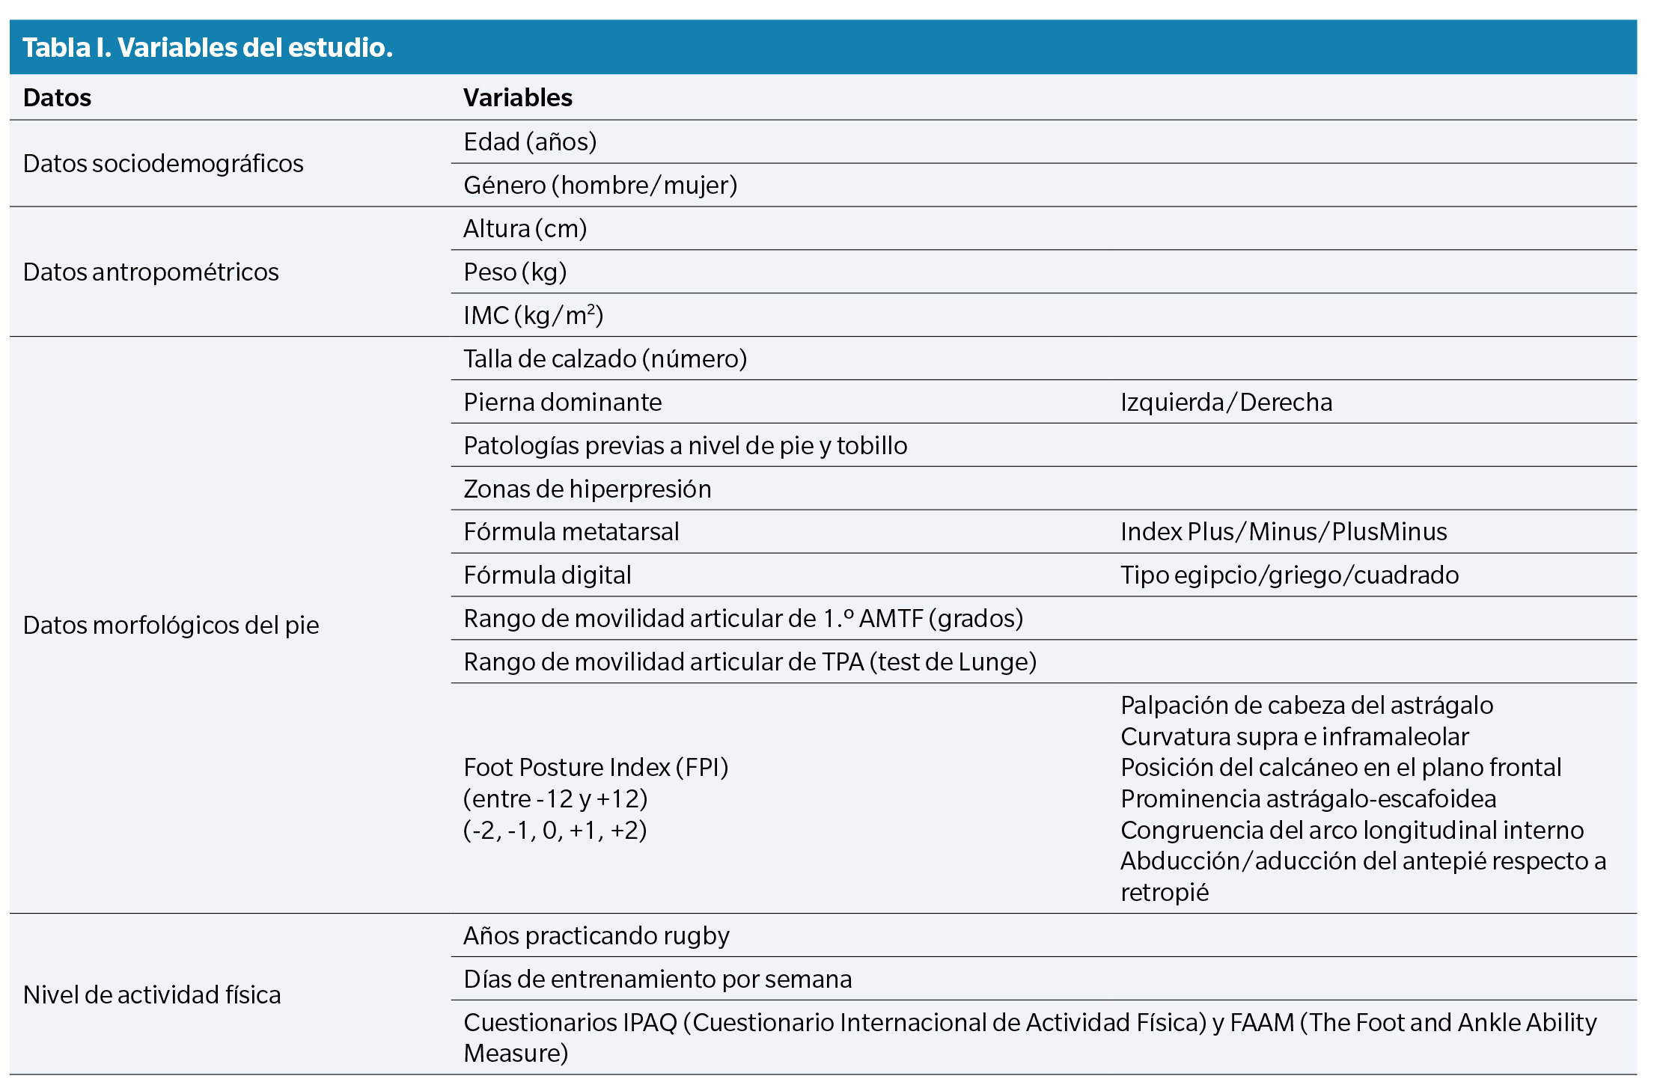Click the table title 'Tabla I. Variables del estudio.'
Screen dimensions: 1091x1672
(x=207, y=48)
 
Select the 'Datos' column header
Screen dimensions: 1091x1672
(x=57, y=98)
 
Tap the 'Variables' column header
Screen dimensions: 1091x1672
(x=517, y=98)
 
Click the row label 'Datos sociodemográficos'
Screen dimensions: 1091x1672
(x=163, y=164)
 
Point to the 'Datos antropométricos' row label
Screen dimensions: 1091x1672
(x=150, y=272)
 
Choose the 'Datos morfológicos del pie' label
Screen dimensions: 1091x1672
(x=171, y=626)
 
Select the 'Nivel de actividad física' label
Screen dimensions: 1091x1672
(x=152, y=995)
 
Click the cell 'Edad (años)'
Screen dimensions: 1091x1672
(x=530, y=142)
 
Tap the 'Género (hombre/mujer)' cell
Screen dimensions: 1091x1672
(x=600, y=186)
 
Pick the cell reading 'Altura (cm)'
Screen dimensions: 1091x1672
(x=525, y=229)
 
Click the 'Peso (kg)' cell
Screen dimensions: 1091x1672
(x=515, y=272)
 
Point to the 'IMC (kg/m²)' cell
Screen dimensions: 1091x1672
(x=533, y=316)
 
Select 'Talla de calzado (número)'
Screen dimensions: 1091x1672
(x=605, y=359)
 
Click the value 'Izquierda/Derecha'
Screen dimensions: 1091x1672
(x=1226, y=403)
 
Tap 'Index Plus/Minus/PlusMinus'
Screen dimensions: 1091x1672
(x=1284, y=532)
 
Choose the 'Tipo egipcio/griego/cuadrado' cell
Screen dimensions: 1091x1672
(x=1290, y=575)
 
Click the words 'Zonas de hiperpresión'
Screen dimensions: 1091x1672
(x=588, y=489)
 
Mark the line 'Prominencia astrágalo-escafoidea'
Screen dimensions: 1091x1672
(x=1308, y=799)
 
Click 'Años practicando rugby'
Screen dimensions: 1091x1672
(x=597, y=936)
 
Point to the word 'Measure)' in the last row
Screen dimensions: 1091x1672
(x=516, y=1054)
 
